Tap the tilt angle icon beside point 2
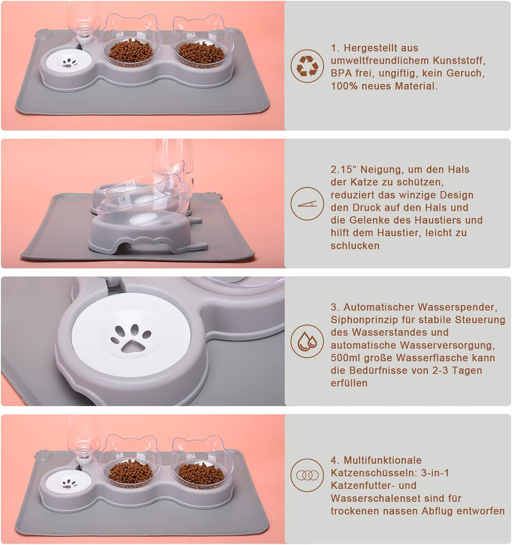pyautogui.click(x=307, y=204)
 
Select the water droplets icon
pyautogui.click(x=307, y=342)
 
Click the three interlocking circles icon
pyautogui.click(x=307, y=475)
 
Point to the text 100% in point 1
pyautogui.click(x=343, y=86)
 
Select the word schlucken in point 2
pyautogui.click(x=355, y=246)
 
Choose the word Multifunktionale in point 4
pyautogui.click(x=382, y=460)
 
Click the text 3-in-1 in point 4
pyautogui.click(x=435, y=473)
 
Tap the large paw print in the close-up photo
pyautogui.click(x=130, y=339)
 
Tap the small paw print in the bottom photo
pyautogui.click(x=69, y=483)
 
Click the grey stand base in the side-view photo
pyautogui.click(x=140, y=236)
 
